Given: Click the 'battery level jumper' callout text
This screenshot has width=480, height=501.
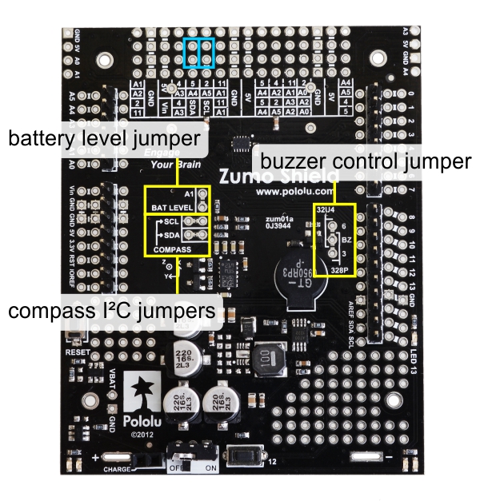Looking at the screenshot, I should (x=104, y=139).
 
